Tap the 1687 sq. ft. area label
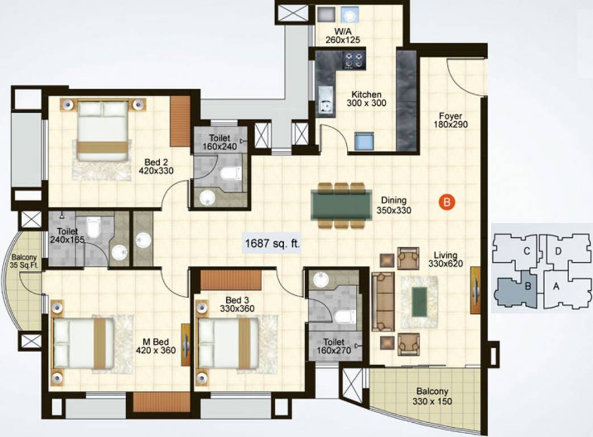tap(272, 244)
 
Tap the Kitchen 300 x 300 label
tap(366, 99)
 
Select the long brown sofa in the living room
tap(383, 302)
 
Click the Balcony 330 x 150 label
tap(433, 397)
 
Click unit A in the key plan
tap(557, 287)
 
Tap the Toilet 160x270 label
tap(334, 346)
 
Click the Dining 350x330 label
tap(393, 205)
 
